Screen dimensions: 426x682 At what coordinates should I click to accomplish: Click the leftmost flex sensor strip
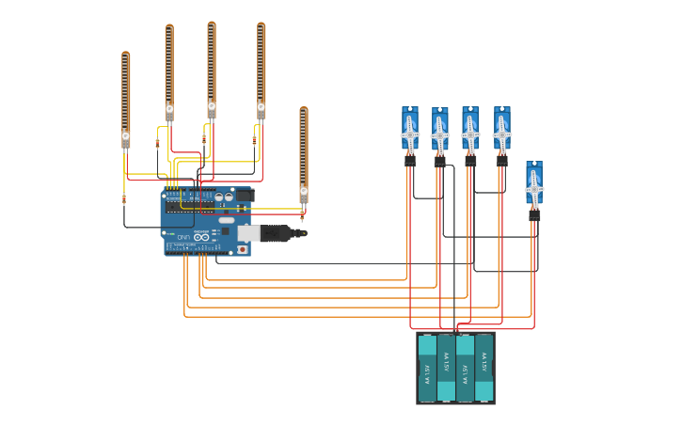tap(125, 94)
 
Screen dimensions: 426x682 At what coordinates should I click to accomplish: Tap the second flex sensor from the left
tap(169, 71)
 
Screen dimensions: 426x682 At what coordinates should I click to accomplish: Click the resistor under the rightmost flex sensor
tap(302, 215)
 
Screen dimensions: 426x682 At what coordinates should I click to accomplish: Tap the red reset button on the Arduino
tap(242, 249)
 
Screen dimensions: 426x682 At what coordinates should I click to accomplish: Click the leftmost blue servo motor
tap(410, 129)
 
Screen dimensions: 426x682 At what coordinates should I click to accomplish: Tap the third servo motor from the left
tap(469, 129)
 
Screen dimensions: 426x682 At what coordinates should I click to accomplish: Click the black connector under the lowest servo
tap(534, 215)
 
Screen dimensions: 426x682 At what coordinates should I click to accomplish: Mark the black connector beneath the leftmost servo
tap(410, 161)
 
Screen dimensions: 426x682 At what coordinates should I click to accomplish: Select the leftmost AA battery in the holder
tap(427, 368)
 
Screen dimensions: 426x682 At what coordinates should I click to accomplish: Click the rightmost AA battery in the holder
tap(484, 368)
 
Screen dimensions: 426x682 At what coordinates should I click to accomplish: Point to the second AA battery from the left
tap(446, 368)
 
